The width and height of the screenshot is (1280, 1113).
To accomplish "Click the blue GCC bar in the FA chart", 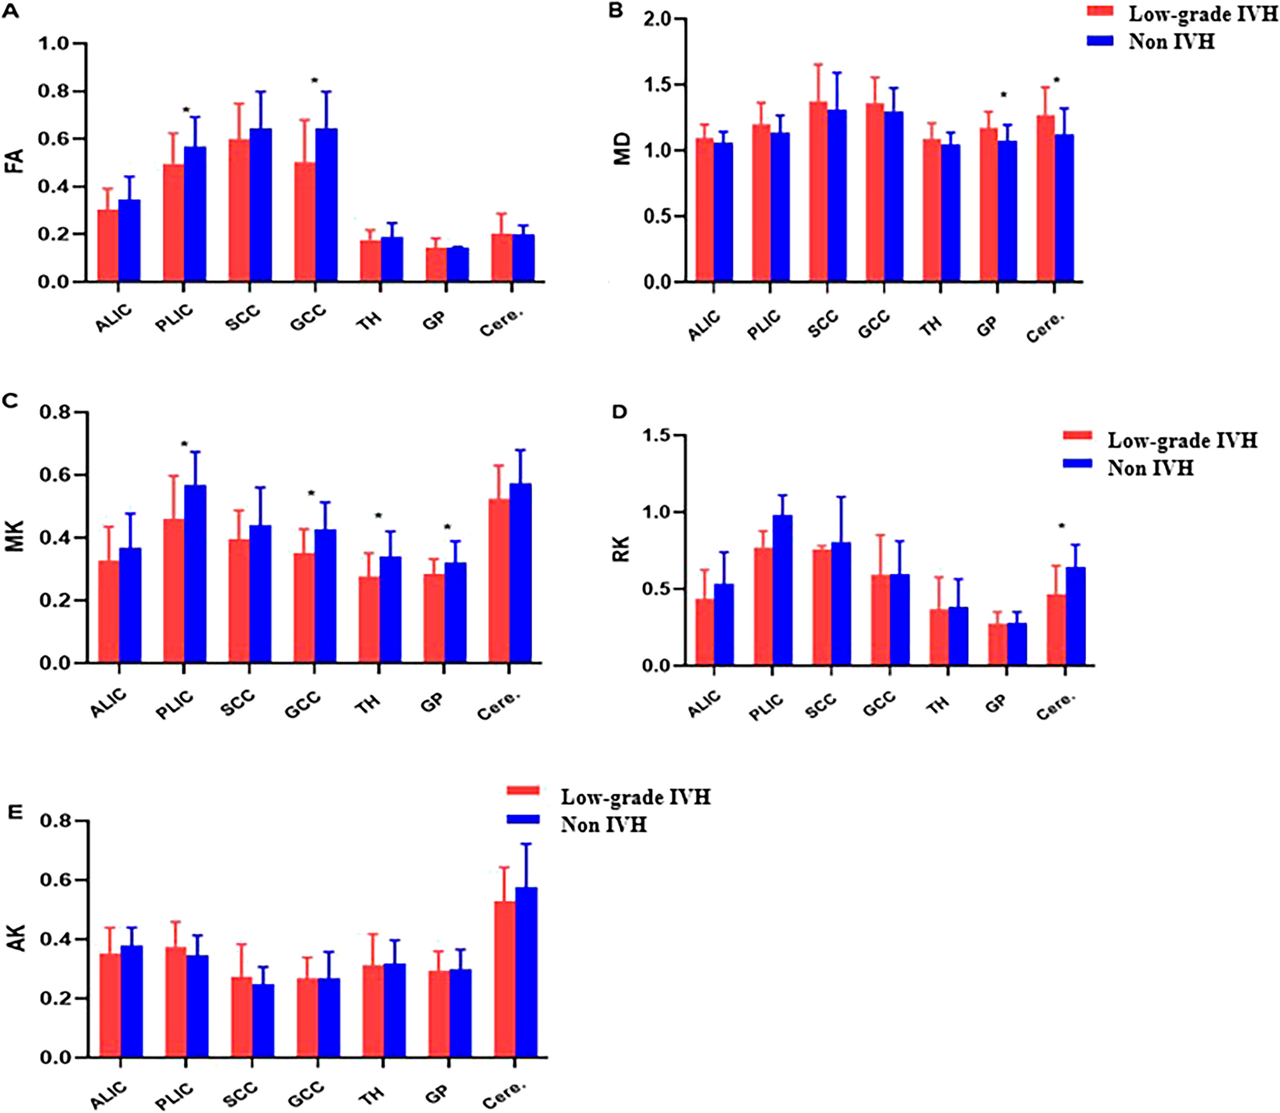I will click(327, 205).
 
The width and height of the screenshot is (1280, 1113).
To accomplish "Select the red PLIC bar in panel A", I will click(174, 223).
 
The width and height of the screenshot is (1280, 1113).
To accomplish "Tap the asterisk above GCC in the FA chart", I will click(315, 81).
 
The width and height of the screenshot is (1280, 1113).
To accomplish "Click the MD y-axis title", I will click(621, 149).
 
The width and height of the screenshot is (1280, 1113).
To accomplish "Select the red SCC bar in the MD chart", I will click(818, 191).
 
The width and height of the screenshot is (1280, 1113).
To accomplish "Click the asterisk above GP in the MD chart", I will click(1003, 96).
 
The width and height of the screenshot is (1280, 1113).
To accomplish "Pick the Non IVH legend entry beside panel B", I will click(1170, 41).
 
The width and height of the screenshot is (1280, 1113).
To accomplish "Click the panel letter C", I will click(10, 401).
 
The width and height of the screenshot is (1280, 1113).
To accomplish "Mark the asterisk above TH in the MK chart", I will click(378, 516).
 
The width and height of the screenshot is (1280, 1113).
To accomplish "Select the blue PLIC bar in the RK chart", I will click(782, 590).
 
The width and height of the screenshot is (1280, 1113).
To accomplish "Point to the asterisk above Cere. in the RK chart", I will click(1062, 527).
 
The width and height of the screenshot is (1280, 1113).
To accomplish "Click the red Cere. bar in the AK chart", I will click(505, 979).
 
